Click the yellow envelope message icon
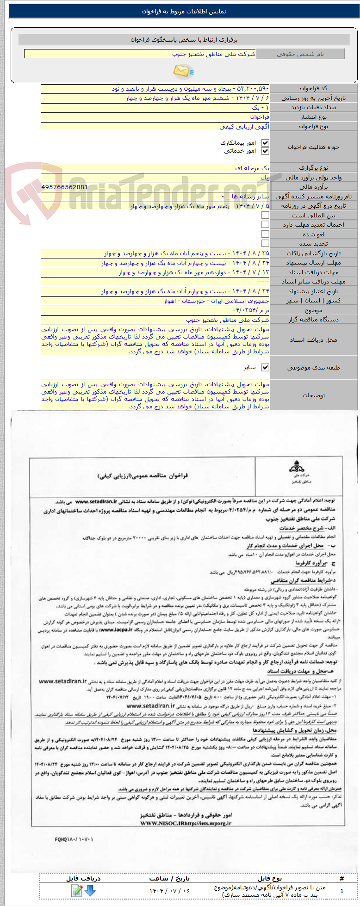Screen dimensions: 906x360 pos(184,71)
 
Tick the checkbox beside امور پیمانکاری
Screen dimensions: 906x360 pos(265,143)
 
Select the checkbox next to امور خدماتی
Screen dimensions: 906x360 pos(265,151)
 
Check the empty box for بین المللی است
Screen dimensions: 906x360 pos(265,215)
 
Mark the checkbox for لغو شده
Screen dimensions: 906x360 pos(265,234)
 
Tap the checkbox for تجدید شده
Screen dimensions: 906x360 pos(265,243)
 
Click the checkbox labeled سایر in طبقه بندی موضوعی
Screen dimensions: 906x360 pos(265,367)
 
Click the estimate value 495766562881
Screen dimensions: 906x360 pos(64,187)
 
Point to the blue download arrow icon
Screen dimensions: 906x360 pos(90,890)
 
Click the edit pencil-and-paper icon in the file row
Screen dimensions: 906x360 pos(77,890)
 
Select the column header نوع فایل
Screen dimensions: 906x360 pos(270,878)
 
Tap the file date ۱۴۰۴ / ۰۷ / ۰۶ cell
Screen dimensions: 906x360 pos(169,890)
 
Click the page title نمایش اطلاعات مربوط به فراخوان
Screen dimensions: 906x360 pos(184,12)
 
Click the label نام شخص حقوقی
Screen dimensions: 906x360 pos(300,54)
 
